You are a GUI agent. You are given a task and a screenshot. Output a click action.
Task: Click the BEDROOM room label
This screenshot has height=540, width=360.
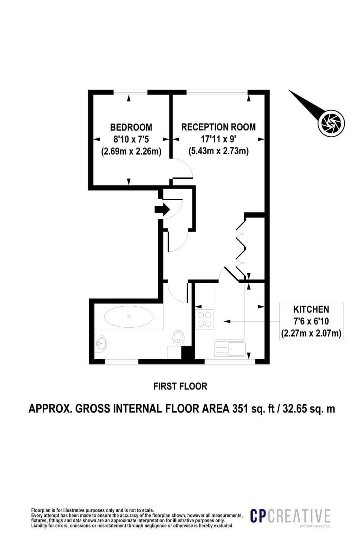[x=131, y=127]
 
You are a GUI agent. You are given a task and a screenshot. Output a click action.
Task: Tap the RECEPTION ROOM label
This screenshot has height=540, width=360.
[x=218, y=127]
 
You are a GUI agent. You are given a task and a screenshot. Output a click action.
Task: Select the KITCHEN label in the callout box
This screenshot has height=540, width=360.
[x=311, y=309]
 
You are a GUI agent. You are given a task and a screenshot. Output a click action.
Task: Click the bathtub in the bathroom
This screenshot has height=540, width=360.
[x=129, y=316]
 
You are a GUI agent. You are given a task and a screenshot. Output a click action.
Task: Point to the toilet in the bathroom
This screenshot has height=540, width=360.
[x=178, y=337]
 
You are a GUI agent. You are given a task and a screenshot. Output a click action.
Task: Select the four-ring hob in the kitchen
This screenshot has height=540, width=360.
[x=204, y=319]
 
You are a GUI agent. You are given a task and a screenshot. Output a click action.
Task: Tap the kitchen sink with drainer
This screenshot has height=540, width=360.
[x=229, y=349]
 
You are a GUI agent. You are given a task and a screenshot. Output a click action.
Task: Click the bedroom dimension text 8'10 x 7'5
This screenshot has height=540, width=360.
[x=131, y=139]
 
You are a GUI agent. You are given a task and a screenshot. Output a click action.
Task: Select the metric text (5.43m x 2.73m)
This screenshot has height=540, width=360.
[x=219, y=151]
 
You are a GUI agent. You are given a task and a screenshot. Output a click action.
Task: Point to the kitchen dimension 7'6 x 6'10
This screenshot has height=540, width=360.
[x=311, y=321]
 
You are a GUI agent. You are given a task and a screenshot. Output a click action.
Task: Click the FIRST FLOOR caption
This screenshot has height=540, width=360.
[x=180, y=386]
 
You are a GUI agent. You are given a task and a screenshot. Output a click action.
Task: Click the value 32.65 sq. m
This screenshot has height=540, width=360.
[x=309, y=409]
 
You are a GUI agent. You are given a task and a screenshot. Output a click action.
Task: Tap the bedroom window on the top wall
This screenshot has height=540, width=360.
[x=130, y=92]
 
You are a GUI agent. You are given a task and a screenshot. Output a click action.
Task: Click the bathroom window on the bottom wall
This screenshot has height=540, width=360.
[x=121, y=361]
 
